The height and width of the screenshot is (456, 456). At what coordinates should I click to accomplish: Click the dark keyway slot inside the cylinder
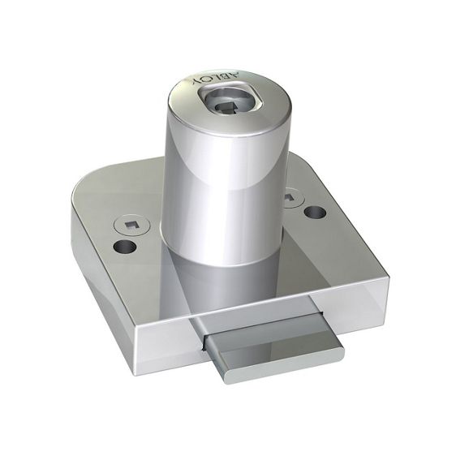click(227, 108)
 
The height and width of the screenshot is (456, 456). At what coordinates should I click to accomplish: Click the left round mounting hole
click(125, 247)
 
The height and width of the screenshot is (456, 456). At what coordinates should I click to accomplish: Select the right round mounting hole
click(315, 212)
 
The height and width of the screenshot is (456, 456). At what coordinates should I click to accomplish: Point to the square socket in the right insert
click(289, 197)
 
